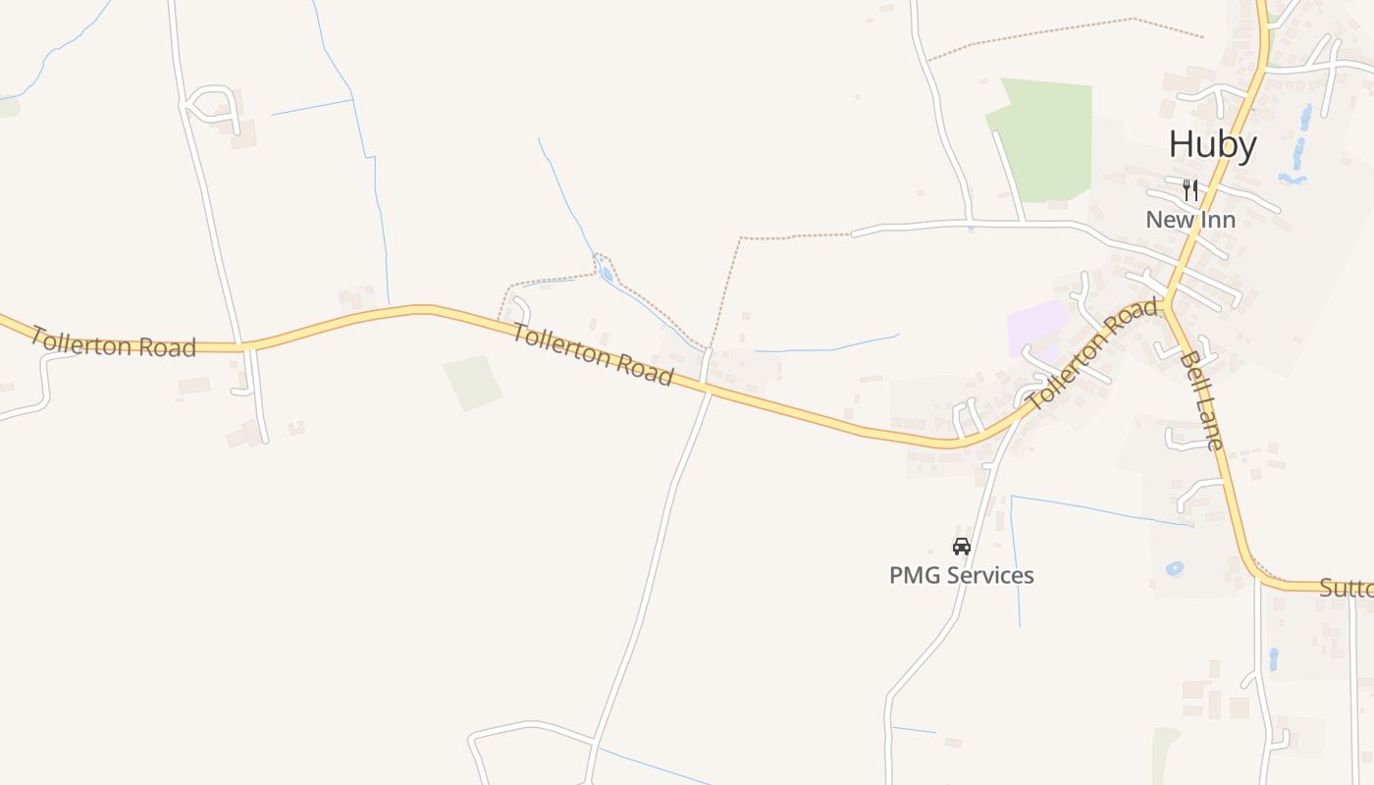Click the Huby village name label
[1212, 145]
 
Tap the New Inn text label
[1189, 220]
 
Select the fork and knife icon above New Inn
[1190, 189]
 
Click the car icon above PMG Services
[961, 547]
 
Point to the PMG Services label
[961, 575]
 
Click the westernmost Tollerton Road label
[113, 341]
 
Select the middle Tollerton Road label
[593, 355]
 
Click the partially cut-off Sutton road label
[1346, 588]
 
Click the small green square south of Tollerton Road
[472, 383]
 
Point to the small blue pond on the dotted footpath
[607, 274]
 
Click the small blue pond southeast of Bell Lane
[1174, 568]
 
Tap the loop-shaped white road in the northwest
[210, 104]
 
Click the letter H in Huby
[1180, 145]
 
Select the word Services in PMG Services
[986, 575]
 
